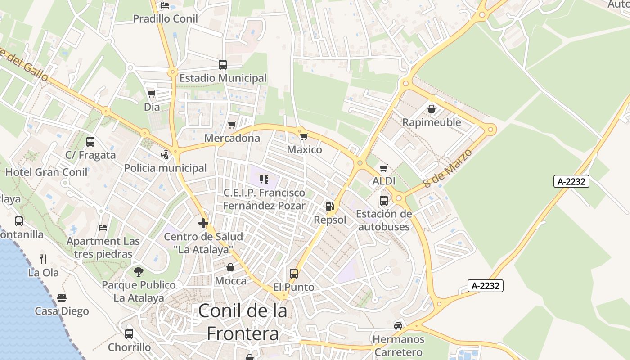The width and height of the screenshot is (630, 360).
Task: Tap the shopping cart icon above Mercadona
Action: [232, 125]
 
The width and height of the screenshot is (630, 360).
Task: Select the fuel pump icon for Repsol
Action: [330, 207]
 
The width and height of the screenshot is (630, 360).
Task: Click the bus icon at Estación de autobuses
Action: [384, 200]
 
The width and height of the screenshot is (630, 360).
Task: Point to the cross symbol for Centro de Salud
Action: [203, 223]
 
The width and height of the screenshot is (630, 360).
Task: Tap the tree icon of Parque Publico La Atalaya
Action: [139, 271]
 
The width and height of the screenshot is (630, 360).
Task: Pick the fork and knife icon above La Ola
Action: [43, 259]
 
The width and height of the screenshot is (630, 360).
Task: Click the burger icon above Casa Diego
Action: [62, 298]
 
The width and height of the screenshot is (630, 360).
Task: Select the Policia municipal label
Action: [166, 168]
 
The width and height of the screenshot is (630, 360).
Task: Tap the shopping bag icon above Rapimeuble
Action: [432, 109]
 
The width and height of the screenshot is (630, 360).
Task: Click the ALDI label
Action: [384, 181]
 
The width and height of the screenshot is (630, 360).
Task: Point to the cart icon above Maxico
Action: [304, 136]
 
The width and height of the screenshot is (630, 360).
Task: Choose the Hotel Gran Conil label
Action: [46, 172]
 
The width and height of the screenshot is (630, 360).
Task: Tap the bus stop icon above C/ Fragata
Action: [90, 142]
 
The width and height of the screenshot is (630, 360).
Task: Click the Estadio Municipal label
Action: [223, 78]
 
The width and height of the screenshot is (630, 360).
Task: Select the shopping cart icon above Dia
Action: [152, 94]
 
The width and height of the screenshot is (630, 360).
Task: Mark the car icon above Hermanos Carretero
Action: [398, 325]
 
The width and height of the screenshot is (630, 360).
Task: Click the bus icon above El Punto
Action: [294, 273]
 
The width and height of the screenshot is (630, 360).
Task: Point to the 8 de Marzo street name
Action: [448, 169]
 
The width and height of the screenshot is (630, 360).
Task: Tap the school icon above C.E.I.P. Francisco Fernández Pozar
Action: [264, 180]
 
